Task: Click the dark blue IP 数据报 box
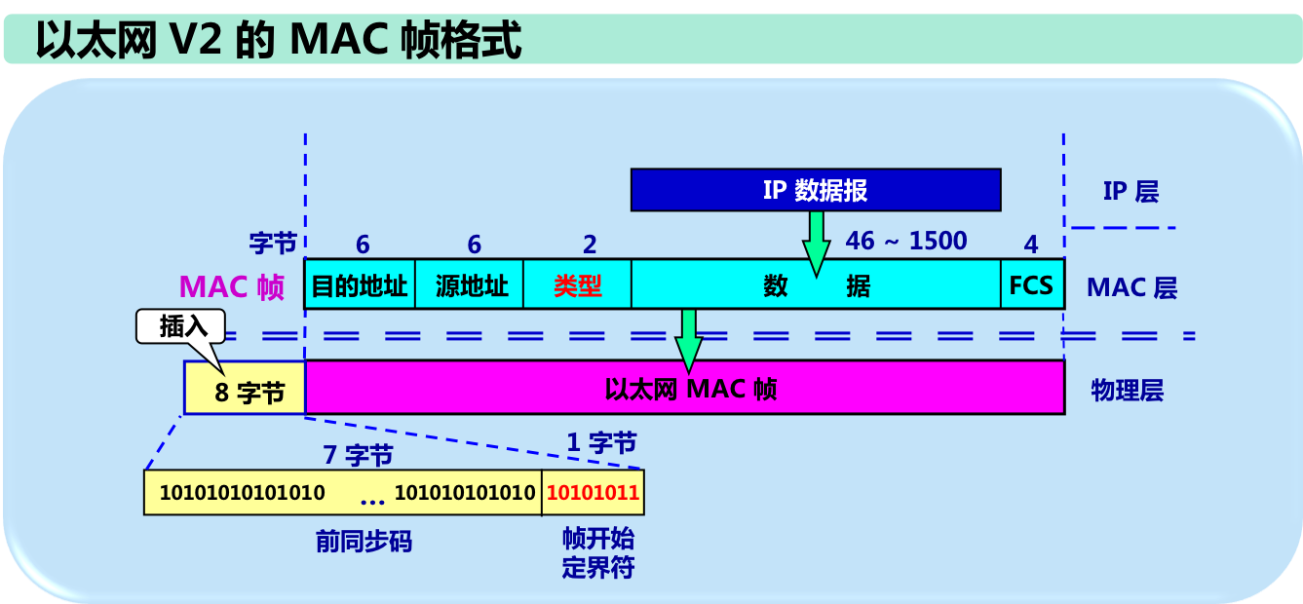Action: (x=815, y=190)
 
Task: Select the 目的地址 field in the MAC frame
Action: (x=360, y=285)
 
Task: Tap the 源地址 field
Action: (x=470, y=285)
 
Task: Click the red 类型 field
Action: (x=577, y=285)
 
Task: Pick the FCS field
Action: (x=1031, y=285)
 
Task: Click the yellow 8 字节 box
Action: (x=245, y=391)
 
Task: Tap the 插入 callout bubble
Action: (x=182, y=326)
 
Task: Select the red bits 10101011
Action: (x=593, y=493)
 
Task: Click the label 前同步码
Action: (x=364, y=542)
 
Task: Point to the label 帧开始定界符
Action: (x=597, y=552)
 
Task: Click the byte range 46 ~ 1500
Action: (x=906, y=241)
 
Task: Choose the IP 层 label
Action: (x=1131, y=191)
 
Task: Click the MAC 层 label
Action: (x=1131, y=287)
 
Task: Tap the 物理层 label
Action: (x=1127, y=391)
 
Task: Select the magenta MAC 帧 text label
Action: (x=231, y=287)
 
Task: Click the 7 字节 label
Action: (x=358, y=454)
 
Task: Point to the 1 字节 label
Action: (x=601, y=443)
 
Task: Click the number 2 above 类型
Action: (x=589, y=245)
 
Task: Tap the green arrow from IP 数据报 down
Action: (x=816, y=242)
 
